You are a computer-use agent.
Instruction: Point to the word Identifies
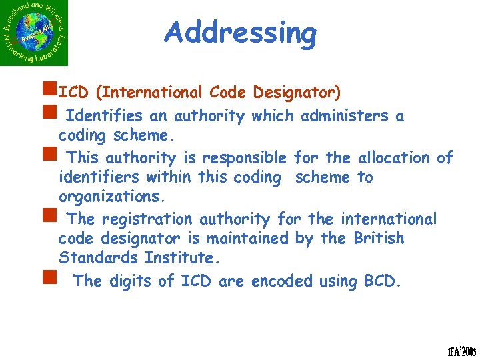[x=105, y=116]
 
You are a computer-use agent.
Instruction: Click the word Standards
[x=91, y=257]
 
